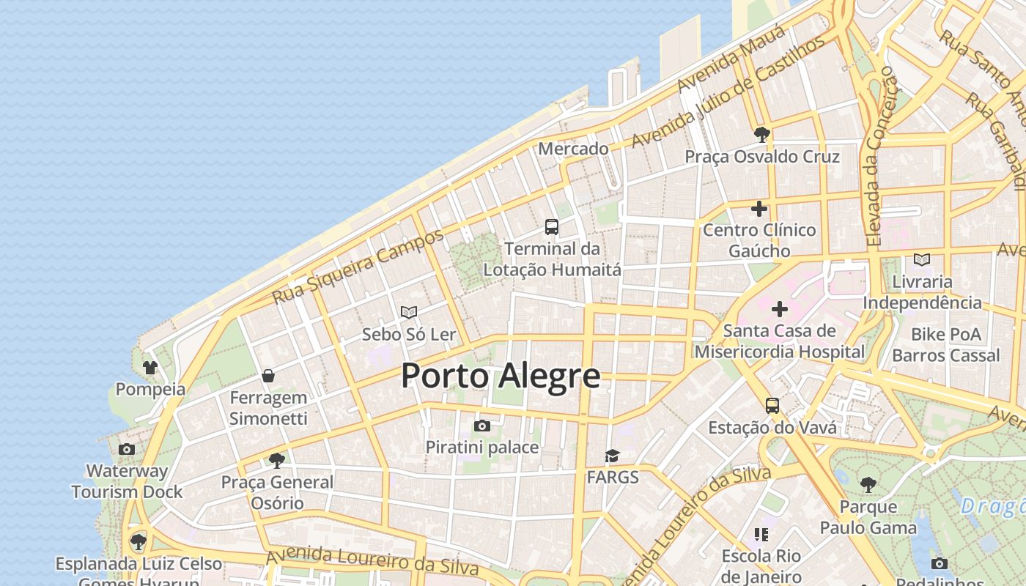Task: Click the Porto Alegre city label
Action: click(x=501, y=377)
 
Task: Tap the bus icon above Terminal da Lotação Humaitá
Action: click(x=552, y=227)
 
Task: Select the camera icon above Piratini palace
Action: click(x=482, y=426)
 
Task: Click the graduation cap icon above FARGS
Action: click(x=612, y=456)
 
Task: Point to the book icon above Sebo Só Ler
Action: click(x=409, y=313)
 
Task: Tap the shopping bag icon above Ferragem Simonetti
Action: click(x=268, y=376)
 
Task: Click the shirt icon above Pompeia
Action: click(x=150, y=367)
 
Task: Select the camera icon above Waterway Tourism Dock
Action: click(x=127, y=449)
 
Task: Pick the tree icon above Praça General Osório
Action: click(x=277, y=460)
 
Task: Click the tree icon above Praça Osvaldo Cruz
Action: click(x=762, y=134)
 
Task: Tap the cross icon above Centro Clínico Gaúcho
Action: click(x=759, y=209)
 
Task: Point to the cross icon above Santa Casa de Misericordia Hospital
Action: click(x=779, y=309)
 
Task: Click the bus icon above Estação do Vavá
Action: click(x=772, y=405)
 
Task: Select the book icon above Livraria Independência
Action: click(x=922, y=259)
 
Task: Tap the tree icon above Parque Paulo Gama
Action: click(x=868, y=484)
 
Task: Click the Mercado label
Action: click(x=573, y=149)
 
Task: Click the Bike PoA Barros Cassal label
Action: click(x=945, y=345)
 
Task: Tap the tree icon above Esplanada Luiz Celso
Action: click(x=139, y=542)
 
